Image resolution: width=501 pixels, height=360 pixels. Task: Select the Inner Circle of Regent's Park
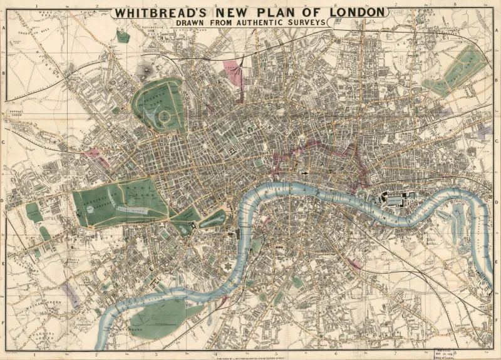[x=165, y=116]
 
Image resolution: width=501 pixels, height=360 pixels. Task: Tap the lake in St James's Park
[x=213, y=220]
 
